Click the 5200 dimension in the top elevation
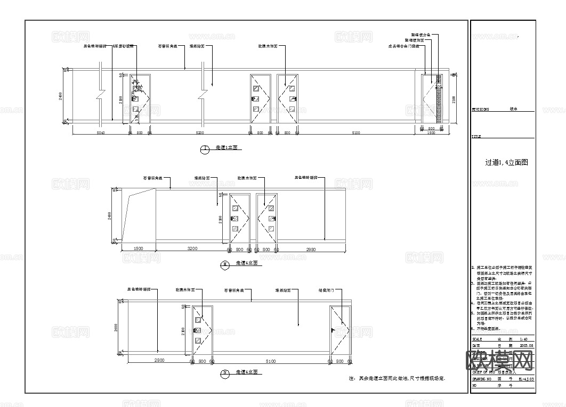(x=200, y=132)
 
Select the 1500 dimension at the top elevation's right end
(x=431, y=133)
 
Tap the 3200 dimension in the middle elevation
(x=192, y=249)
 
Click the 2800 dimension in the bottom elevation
(x=158, y=361)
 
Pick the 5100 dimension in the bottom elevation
(x=271, y=361)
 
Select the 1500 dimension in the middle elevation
(x=138, y=249)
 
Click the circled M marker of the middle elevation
(x=225, y=263)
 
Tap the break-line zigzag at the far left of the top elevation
(x=101, y=96)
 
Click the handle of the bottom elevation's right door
(x=333, y=330)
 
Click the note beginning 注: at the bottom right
(x=397, y=378)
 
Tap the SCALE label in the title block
(x=478, y=339)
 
